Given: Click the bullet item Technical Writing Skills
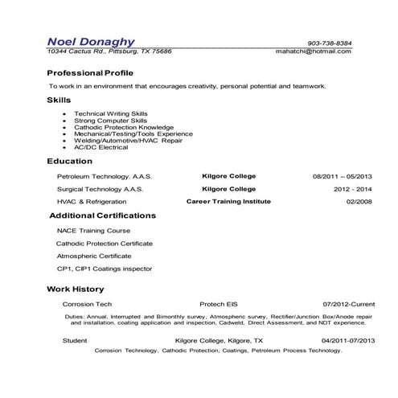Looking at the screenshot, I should (110, 114).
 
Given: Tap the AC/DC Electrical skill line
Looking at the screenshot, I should (101, 146).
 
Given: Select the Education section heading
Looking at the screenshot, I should (70, 161).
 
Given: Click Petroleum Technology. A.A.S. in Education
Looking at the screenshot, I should (104, 175).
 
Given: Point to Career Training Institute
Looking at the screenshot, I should (228, 201).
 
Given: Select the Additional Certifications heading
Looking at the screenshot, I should (103, 216).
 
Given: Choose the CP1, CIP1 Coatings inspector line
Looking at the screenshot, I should (104, 269).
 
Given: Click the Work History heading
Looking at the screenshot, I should (75, 289).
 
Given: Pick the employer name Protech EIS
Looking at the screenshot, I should (220, 305).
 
